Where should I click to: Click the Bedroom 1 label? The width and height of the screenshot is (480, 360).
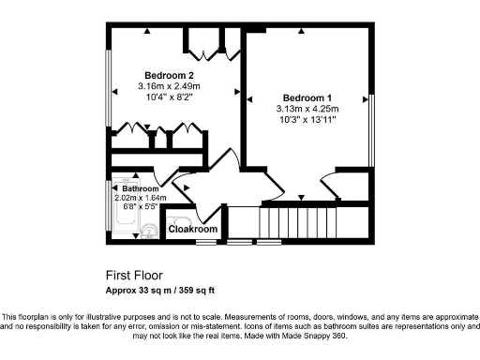(x=308, y=98)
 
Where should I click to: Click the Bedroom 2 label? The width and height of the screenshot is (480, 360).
(x=170, y=75)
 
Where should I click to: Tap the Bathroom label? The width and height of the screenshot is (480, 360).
(x=139, y=187)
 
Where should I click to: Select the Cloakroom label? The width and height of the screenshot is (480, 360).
(x=193, y=229)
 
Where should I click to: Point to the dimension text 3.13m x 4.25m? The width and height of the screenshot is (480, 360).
(x=308, y=110)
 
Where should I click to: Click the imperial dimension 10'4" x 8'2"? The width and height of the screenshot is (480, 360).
(x=170, y=97)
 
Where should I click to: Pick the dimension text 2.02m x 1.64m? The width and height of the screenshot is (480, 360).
(x=139, y=198)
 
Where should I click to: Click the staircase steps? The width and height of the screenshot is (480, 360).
(x=297, y=223)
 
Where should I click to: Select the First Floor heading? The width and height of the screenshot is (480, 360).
(x=134, y=277)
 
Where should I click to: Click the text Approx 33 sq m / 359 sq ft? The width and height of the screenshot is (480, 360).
(x=172, y=290)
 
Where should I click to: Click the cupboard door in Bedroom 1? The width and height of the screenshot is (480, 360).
(x=333, y=184)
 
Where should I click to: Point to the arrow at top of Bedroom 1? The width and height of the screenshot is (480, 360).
(x=301, y=32)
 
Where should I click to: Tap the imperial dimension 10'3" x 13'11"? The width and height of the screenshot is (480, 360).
(x=308, y=121)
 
